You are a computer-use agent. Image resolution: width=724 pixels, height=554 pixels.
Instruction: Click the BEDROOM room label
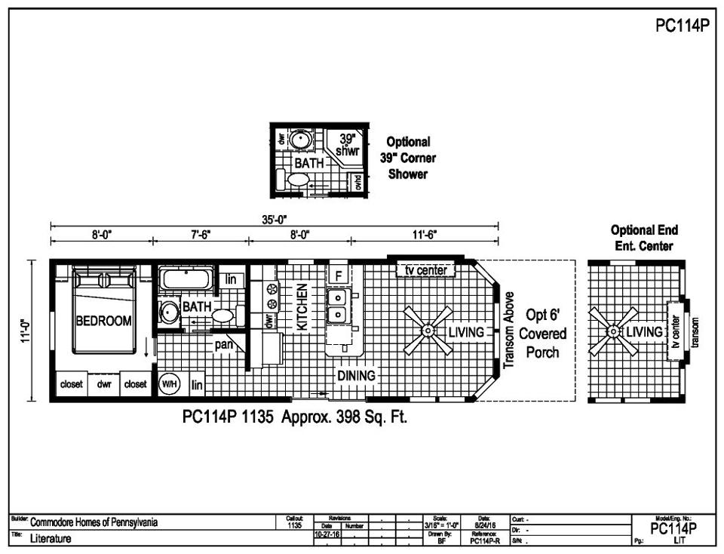[x=103, y=321]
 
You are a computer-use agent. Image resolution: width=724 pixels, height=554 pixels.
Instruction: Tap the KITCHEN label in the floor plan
[x=302, y=308]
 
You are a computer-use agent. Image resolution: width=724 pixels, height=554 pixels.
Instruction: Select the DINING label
[x=356, y=375]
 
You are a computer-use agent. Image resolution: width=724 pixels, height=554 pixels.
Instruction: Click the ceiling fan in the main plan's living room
[x=428, y=331]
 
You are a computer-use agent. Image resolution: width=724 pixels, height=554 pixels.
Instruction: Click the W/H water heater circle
[x=169, y=384]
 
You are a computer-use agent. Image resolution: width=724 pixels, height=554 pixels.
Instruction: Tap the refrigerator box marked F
[x=339, y=275]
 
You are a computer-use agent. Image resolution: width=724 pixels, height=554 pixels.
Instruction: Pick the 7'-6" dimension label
[x=200, y=234]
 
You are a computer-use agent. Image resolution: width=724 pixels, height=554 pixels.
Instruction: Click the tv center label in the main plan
[x=426, y=270]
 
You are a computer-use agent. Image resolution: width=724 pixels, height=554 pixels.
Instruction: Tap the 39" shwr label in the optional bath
[x=347, y=145]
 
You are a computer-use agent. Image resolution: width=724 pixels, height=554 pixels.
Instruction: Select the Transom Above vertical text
[x=509, y=330]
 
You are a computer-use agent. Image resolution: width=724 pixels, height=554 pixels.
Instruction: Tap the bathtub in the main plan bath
[x=186, y=279]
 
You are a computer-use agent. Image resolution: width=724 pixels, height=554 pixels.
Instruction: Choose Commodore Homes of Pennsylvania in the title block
[x=94, y=522]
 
